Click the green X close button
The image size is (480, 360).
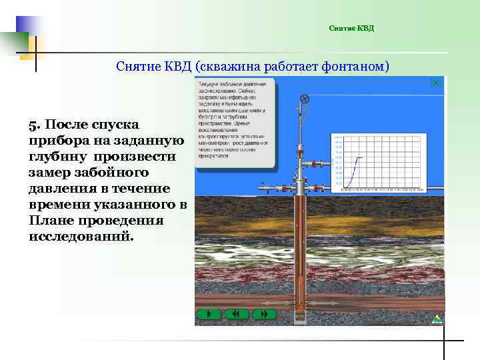click(435, 83)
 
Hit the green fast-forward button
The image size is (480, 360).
click(265, 313)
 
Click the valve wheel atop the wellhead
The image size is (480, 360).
click(305, 99)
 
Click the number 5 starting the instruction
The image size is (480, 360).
click(32, 125)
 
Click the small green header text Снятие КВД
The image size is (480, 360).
click(351, 28)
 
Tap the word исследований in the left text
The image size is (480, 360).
click(81, 237)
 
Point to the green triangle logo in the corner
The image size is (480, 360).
click(437, 319)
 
